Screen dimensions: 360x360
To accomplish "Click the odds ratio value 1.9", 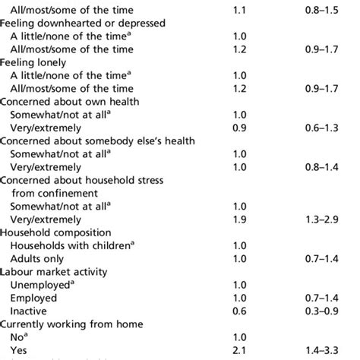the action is pyautogui.click(x=241, y=219).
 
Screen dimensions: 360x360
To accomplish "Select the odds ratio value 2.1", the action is pyautogui.click(x=241, y=349).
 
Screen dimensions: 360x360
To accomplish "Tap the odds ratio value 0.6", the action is pyautogui.click(x=241, y=311).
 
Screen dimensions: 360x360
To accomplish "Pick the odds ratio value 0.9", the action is pyautogui.click(x=241, y=127).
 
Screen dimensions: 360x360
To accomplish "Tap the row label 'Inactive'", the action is pyautogui.click(x=29, y=311).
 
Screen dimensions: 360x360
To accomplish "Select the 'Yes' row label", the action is pyautogui.click(x=19, y=349).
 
